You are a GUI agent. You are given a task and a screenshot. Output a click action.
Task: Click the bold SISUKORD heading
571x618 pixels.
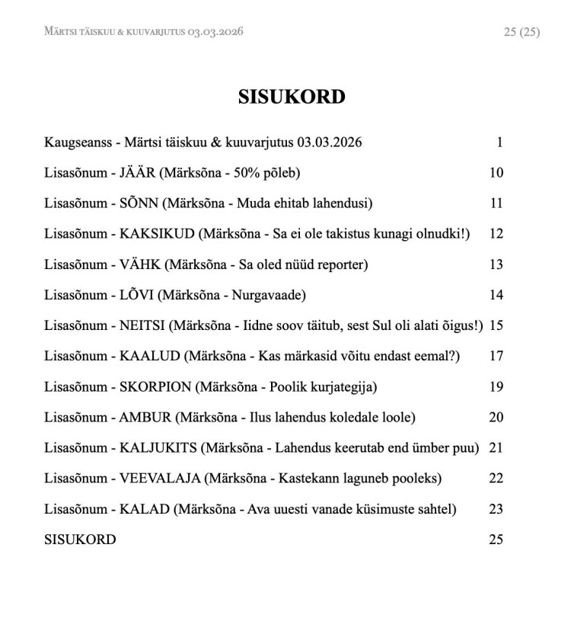point(292,97)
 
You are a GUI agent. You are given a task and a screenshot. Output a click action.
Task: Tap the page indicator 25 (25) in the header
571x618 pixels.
point(522,32)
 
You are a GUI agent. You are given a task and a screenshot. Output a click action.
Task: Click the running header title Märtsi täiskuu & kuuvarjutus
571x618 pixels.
point(144,32)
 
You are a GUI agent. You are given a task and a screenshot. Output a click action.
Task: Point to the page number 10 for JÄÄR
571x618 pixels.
point(496,173)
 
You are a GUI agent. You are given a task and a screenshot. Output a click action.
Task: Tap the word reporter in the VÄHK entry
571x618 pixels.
point(340,264)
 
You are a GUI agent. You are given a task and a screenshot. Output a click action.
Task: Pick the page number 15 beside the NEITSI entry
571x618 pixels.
point(496,325)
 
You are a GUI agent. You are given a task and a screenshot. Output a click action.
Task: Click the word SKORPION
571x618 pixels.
point(155,386)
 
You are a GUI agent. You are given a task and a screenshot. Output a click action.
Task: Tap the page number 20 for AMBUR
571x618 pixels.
point(496,417)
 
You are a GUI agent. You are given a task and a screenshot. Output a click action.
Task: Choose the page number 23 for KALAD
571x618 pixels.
point(496,509)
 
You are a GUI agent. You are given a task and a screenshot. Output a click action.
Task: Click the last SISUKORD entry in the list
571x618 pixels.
point(80,540)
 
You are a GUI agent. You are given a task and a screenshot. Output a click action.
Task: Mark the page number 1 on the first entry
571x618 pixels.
point(499,142)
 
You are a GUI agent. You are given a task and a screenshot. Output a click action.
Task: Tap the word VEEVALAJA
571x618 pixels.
point(160,479)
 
